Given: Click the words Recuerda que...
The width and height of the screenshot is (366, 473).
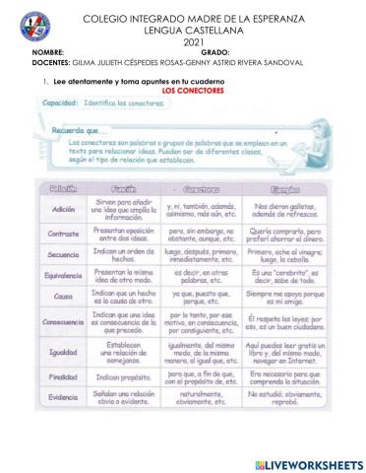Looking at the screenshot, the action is [x=78, y=128].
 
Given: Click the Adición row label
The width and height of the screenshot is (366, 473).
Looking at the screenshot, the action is [x=64, y=210].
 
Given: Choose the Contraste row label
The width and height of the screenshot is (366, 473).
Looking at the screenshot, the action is [x=64, y=235].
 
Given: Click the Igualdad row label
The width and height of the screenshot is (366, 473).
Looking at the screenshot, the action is [x=64, y=352].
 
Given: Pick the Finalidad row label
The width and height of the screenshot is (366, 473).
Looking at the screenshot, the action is [x=64, y=377].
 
